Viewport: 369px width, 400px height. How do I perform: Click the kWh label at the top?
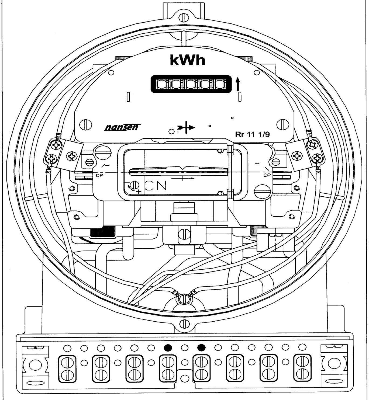point(188,60)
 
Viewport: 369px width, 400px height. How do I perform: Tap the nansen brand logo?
point(122,127)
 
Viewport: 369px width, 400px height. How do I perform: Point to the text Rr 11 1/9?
point(252,134)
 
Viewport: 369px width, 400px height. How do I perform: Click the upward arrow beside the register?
point(238,84)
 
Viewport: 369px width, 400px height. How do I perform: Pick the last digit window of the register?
point(220,84)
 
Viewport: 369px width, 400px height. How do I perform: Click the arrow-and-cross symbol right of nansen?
point(186,127)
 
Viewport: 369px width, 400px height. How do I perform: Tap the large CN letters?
point(156,186)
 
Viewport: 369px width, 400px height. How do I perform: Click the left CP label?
point(99,175)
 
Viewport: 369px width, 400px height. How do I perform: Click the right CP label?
point(267,175)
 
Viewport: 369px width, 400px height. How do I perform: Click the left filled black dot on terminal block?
point(168,347)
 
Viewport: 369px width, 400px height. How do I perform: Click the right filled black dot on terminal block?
point(201,347)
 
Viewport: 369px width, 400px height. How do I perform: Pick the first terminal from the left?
point(67,368)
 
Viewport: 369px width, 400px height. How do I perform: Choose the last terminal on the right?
point(302,368)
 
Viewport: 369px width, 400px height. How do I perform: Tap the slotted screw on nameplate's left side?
point(86,125)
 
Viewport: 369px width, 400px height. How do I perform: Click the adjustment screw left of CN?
point(134,185)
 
